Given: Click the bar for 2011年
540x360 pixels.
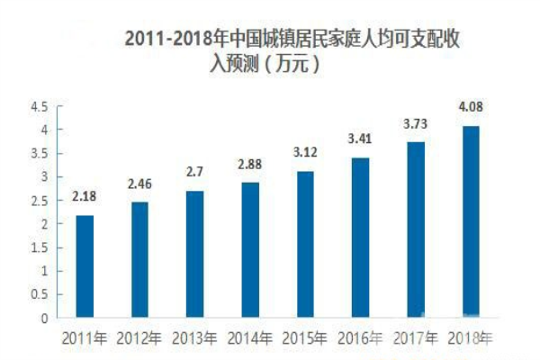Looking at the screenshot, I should (85, 266).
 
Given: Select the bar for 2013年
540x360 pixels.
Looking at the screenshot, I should (195, 254).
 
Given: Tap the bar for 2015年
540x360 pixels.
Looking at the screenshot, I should (305, 244).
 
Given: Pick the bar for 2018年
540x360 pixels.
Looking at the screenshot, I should (471, 221).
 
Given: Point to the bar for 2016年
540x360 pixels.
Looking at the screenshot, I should (360, 238).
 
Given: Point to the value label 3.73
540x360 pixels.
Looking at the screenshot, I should (416, 123).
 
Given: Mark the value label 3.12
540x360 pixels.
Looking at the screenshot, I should (305, 152).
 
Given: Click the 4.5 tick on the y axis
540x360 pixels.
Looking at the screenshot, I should (39, 106).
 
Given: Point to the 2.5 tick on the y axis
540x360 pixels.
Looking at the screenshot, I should (39, 201).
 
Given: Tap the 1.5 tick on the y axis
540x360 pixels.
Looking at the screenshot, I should (39, 247).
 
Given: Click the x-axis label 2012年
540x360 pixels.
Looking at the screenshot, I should (140, 339).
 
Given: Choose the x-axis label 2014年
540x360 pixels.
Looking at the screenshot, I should (250, 339).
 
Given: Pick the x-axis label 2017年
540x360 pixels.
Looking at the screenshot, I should (416, 339).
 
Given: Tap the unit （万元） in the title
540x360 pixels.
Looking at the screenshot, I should (286, 64).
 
